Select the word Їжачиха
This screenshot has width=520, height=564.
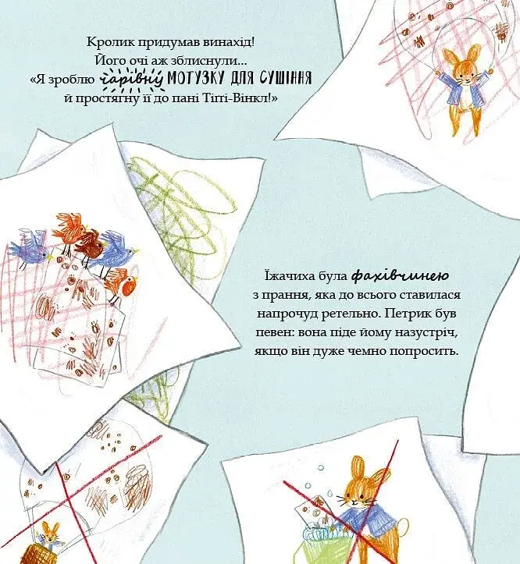tap(287, 276)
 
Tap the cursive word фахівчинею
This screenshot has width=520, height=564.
tap(399, 276)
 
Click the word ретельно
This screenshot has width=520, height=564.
tap(348, 314)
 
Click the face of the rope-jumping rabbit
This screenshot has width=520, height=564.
tap(463, 76)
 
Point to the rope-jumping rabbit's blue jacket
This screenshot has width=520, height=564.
tap(462, 92)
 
